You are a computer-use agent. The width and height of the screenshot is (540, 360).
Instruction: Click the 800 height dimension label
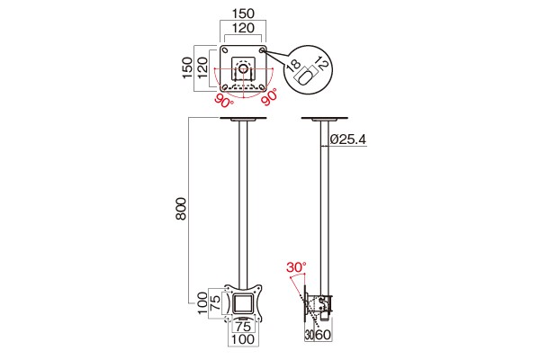click(181, 209)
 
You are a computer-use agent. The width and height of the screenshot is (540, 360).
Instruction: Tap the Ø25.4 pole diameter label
click(347, 139)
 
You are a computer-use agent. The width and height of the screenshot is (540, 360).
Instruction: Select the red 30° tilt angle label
click(296, 267)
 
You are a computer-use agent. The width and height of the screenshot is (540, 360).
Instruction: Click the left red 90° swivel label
click(224, 100)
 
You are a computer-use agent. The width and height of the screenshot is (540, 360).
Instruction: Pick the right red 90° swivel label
click(269, 97)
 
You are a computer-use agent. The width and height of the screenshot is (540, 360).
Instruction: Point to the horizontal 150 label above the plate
click(243, 13)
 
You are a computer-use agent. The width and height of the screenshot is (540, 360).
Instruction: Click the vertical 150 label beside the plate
click(188, 67)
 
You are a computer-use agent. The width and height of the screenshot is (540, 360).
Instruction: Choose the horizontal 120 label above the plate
click(243, 28)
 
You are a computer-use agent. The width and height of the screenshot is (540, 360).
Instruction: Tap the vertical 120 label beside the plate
click(202, 67)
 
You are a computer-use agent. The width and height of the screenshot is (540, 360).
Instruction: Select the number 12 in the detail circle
click(322, 63)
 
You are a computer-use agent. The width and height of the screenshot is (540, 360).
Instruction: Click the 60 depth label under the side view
click(323, 334)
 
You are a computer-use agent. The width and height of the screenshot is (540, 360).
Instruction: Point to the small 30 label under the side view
click(309, 335)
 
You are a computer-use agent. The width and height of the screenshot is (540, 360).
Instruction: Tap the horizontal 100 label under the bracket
click(243, 339)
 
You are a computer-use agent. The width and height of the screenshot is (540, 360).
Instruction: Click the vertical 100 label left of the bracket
click(202, 302)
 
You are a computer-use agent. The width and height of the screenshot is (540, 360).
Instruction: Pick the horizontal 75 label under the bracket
click(243, 326)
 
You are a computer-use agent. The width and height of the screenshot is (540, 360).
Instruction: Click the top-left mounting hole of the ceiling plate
click(225, 51)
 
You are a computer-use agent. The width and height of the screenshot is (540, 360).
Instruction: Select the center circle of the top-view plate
click(243, 67)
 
